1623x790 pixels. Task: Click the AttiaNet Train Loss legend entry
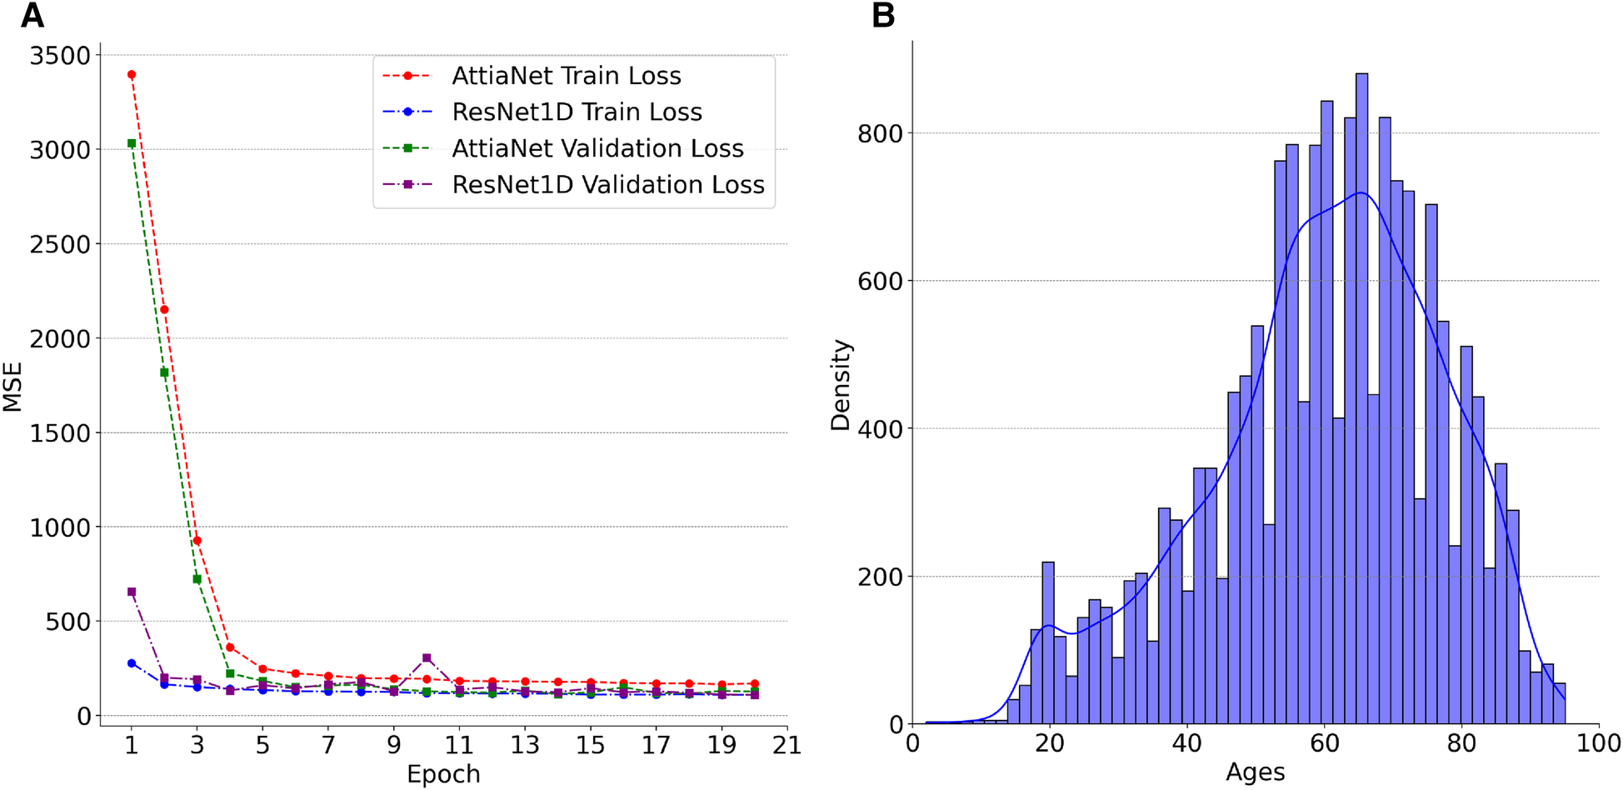click(567, 76)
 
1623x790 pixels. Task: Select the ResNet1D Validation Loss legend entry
click(607, 184)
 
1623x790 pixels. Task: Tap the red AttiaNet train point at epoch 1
click(132, 75)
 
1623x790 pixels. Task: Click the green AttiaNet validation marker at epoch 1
click(132, 143)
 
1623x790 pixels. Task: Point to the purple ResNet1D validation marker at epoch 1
click(132, 592)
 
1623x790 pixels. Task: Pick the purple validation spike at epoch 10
click(427, 658)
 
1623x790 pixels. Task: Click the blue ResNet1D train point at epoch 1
click(132, 663)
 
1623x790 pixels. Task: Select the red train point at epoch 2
click(164, 310)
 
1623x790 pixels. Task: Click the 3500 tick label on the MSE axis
click(59, 56)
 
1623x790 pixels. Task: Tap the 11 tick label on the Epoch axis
click(459, 744)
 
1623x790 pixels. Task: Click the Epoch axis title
click(443, 774)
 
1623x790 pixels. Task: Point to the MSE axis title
click(12, 387)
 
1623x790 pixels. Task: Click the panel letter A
click(32, 16)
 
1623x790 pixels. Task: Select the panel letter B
click(883, 16)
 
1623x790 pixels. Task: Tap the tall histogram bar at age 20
click(1048, 642)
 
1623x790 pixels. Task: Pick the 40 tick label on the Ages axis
click(1186, 743)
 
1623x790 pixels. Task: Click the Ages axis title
click(1255, 772)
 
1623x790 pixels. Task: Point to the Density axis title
click(841, 385)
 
